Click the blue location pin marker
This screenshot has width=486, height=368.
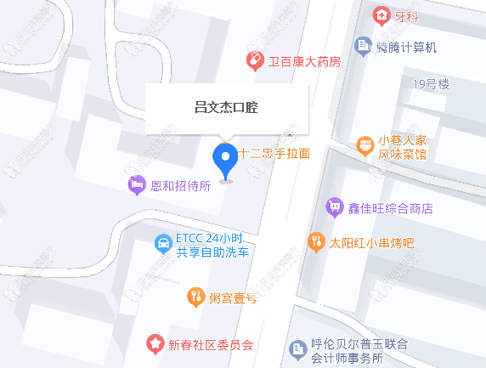click(225, 158)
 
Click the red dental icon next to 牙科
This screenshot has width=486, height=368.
click(381, 15)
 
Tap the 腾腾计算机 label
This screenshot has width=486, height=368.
click(407, 47)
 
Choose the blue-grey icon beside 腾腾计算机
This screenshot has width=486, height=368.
click(363, 45)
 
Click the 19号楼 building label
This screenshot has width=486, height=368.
click(431, 83)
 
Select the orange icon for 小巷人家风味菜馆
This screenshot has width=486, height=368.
click(365, 146)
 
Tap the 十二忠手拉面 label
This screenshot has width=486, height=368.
click(274, 154)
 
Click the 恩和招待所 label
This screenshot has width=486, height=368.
click(180, 185)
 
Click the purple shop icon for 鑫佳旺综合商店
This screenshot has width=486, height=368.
click(334, 207)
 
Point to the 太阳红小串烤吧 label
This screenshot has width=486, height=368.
click(372, 242)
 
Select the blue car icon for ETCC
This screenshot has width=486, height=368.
click(161, 245)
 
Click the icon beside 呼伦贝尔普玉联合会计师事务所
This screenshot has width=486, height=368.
click(297, 348)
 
